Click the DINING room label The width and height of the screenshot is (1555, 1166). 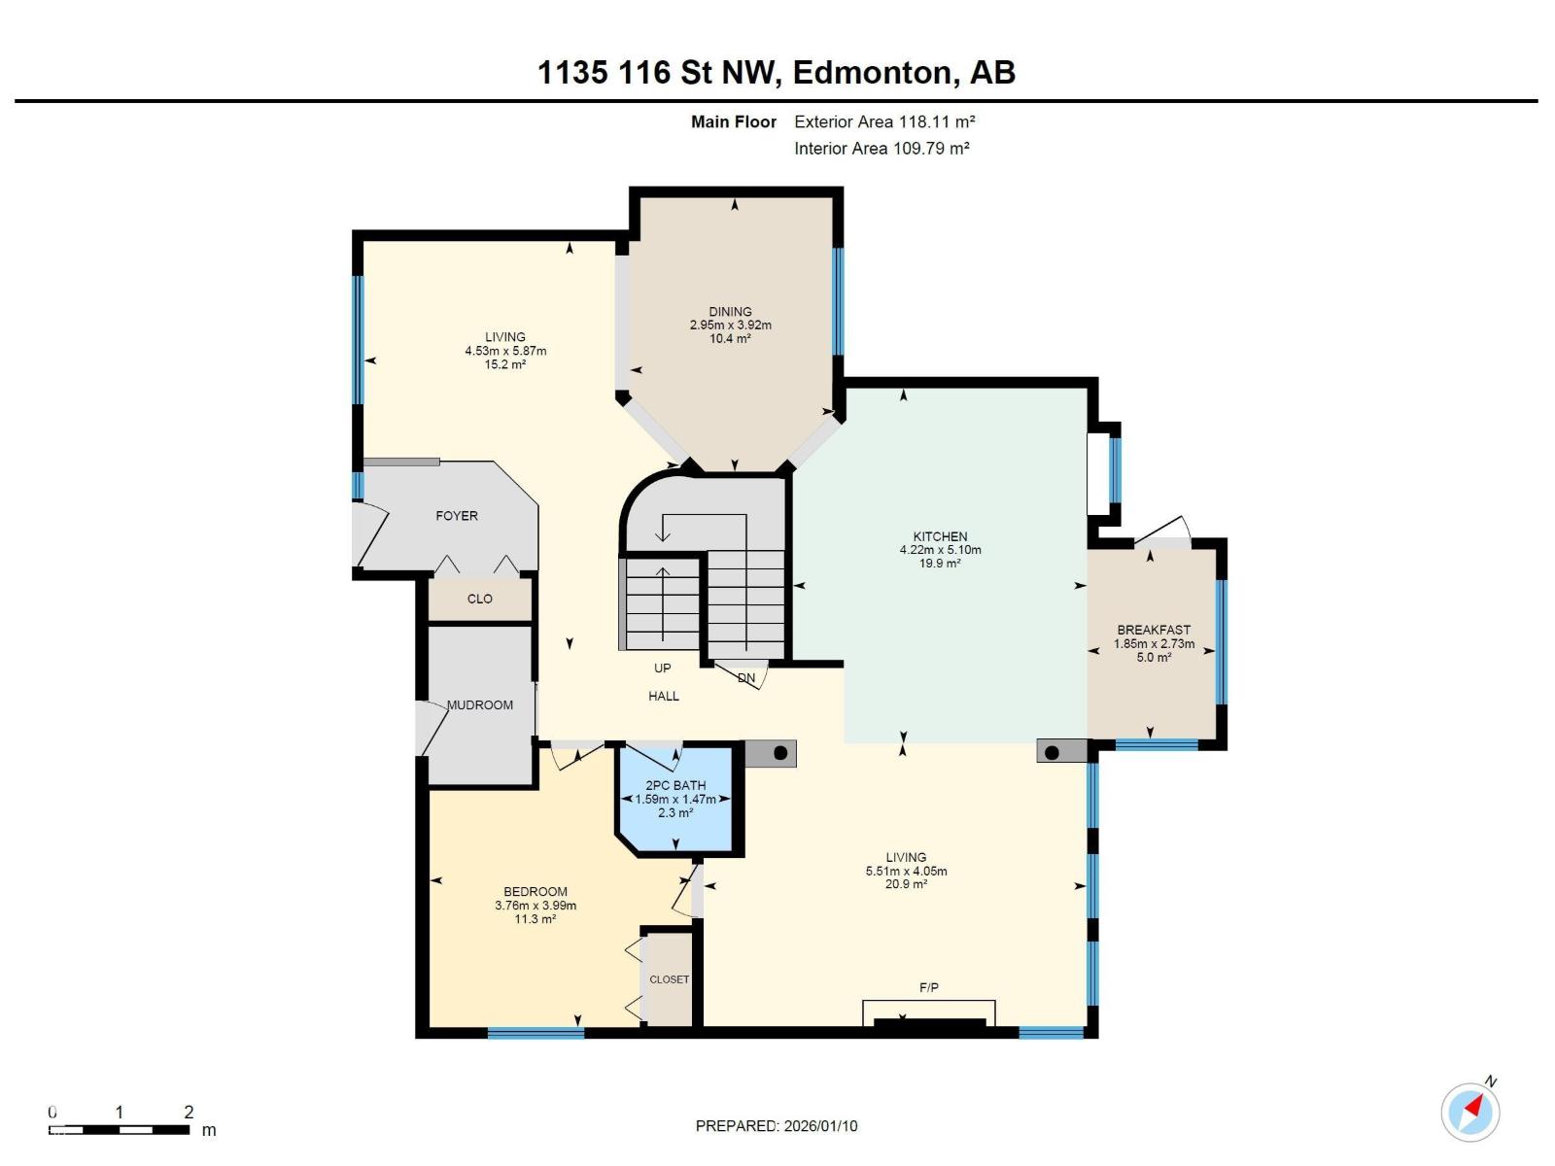coord(730,312)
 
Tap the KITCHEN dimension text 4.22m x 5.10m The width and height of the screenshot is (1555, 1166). coord(940,550)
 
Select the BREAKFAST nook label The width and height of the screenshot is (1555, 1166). coord(1154,630)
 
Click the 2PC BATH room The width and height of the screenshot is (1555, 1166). coord(675,799)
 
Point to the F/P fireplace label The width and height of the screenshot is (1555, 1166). coord(929,987)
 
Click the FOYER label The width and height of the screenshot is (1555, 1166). coord(457,516)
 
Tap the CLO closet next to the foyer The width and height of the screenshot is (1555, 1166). coord(480,599)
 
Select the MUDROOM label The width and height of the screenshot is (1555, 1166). coord(480,704)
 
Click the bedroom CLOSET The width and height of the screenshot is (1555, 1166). coord(669,979)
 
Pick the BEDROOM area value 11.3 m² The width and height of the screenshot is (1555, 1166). coord(536,919)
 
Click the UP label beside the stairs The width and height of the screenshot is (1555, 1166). coord(662,668)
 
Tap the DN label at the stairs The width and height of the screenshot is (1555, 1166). coord(746,678)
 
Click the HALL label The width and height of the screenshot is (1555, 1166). coord(664,696)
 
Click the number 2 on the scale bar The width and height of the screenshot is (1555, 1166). coord(189,1112)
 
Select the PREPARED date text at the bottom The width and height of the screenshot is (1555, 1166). coord(777,1126)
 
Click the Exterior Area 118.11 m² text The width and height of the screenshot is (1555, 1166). coord(884,121)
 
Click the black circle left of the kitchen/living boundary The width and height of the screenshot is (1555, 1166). coord(780,753)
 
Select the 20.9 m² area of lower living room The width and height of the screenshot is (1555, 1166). coord(906,884)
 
